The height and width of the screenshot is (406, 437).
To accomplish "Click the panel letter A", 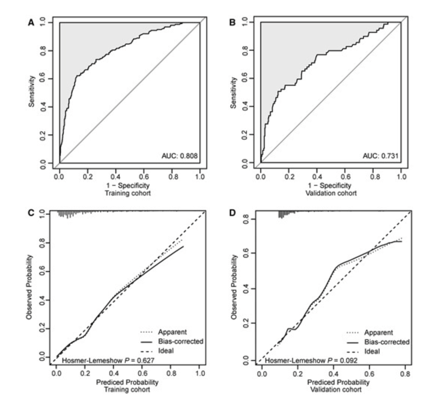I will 31,23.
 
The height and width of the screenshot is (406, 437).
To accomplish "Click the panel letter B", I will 232,23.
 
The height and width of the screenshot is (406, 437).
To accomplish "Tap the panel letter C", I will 31,213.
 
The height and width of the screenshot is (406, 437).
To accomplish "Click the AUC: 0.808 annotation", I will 179,156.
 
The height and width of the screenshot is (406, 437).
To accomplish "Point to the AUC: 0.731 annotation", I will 380,156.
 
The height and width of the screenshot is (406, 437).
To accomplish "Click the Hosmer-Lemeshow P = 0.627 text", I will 108,360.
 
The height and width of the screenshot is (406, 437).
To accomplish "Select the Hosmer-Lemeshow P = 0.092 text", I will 311,361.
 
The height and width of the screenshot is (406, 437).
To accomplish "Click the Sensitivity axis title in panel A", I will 32,91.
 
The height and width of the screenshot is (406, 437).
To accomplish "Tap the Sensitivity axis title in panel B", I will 234,93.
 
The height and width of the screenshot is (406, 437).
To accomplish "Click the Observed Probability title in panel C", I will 29,287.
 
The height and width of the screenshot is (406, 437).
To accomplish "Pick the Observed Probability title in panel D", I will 234,287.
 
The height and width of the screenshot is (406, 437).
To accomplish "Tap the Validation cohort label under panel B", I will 331,193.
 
